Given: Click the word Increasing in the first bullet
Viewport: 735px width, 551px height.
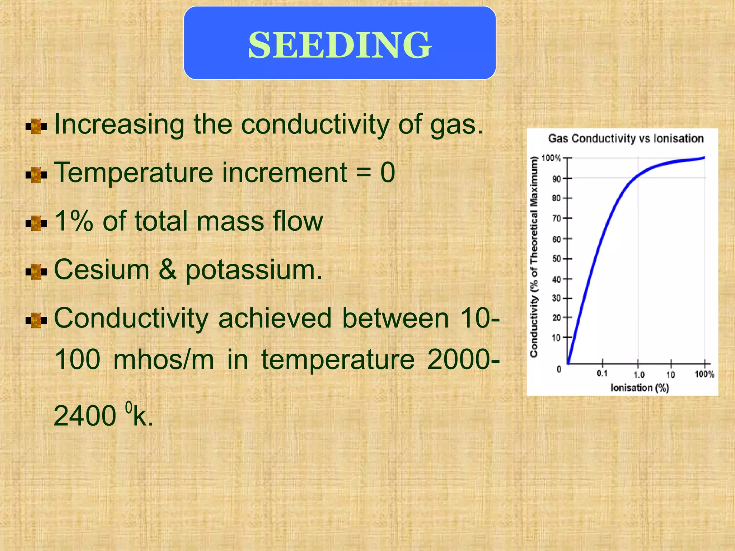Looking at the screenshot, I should pos(119,124).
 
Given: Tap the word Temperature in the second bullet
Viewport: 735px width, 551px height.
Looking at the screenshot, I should pos(133,173).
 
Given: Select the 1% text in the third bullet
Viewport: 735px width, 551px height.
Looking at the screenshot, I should pos(74,221).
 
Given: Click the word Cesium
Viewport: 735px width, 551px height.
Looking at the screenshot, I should pos(101,269).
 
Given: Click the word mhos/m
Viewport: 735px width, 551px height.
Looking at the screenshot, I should pos(164,359).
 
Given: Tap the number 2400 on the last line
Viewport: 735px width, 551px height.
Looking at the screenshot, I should pos(85,416).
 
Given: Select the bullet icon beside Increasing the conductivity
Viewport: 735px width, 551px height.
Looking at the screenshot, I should pos(36,127).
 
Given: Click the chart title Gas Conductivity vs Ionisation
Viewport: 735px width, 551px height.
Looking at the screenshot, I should pos(626,139).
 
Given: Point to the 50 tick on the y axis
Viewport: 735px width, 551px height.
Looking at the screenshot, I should pos(556,259).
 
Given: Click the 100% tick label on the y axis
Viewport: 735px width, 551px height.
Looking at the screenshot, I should pos(551,158).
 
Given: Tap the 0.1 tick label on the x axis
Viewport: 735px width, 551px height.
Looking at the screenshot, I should pos(602,374).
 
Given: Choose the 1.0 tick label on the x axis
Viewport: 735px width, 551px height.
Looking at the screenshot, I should pos(639,375).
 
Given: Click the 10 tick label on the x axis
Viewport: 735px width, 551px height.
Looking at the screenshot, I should pos(670,375).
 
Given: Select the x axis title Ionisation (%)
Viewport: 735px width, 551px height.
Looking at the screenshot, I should pos(640,388).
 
